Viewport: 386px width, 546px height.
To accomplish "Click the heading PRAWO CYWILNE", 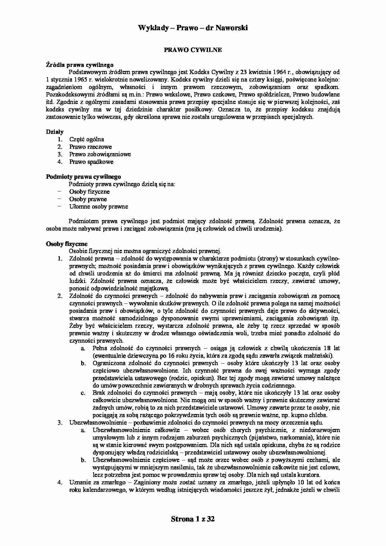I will [193, 50].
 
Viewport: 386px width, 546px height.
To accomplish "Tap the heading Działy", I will [55, 132].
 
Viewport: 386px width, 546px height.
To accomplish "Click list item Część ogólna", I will [87, 139].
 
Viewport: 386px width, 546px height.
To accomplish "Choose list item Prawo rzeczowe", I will [90, 147].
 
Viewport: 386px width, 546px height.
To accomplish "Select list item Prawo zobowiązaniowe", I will [100, 154].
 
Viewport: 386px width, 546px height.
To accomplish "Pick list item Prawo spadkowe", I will [91, 162].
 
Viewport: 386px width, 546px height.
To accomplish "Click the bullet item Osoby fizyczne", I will [89, 192].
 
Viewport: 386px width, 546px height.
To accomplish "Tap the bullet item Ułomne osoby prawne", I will [98, 207].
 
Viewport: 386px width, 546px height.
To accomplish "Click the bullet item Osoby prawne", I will [88, 199].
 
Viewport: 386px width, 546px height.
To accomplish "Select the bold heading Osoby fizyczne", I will [67, 244].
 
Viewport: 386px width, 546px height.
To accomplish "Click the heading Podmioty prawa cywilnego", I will [83, 177].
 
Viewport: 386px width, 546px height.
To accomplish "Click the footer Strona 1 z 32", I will [193, 519].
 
